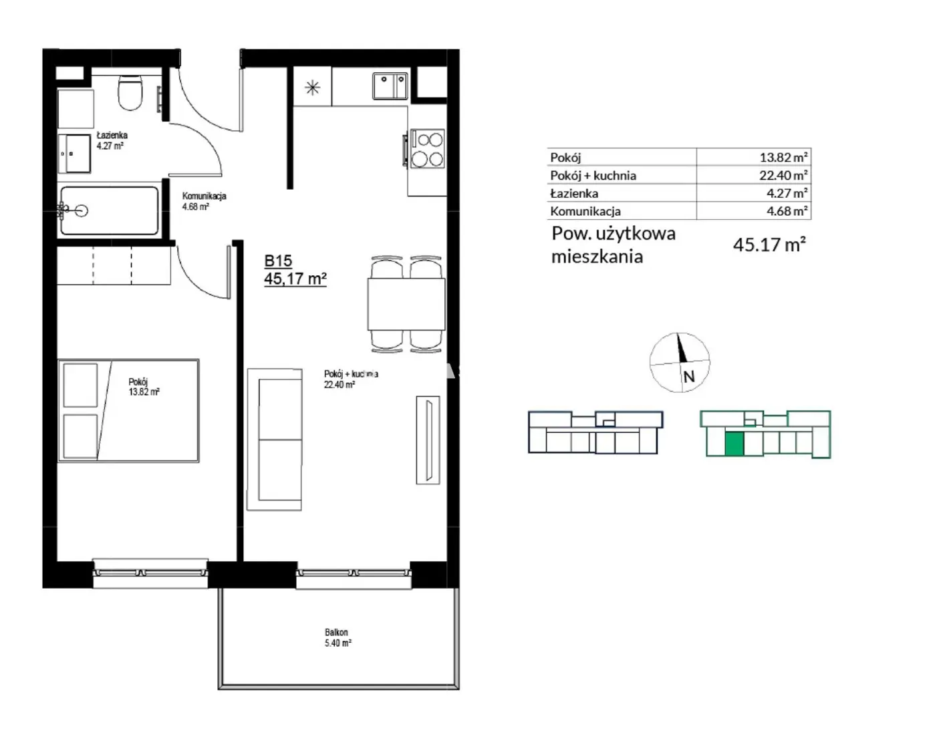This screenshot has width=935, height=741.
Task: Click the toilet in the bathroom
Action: [x=130, y=93]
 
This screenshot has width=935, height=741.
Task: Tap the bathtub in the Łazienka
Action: [x=109, y=211]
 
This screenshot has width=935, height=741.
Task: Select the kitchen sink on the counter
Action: [x=390, y=86]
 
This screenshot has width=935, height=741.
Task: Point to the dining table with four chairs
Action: [x=406, y=304]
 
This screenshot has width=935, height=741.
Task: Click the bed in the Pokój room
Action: [x=128, y=410]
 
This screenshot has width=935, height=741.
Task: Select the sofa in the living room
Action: [x=275, y=439]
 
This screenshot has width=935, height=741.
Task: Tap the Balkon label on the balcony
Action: [x=336, y=632]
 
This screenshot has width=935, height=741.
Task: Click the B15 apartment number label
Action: [x=278, y=261]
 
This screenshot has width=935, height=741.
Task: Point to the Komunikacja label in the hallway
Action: [x=204, y=196]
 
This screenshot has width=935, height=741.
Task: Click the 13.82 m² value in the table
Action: [x=783, y=157]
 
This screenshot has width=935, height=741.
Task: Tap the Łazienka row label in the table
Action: [x=574, y=193]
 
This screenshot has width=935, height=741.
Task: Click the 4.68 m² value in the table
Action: [x=787, y=211]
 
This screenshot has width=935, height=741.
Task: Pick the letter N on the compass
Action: [x=689, y=376]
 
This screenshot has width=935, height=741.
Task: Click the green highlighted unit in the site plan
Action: [x=734, y=444]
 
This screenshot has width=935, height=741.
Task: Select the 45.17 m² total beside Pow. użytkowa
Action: [x=769, y=245]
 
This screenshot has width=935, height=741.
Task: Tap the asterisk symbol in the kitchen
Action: [x=312, y=88]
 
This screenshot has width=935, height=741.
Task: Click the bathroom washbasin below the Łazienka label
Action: [x=74, y=153]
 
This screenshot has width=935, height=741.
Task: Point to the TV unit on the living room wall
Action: [x=428, y=440]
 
